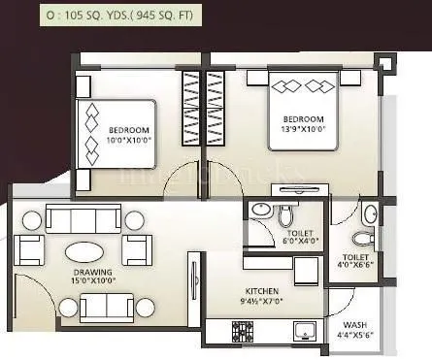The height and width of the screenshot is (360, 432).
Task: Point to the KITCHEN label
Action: click(263, 297)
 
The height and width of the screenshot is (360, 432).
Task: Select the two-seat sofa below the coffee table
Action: click(107, 307)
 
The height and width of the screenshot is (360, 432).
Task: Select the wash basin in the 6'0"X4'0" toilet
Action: click(259, 212)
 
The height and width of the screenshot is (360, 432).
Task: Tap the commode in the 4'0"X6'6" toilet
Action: click(362, 237)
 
